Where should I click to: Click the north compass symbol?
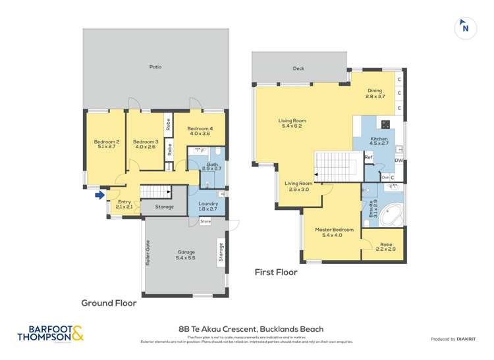point(465,28)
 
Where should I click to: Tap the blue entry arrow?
point(99,195)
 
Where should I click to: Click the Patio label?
point(155,67)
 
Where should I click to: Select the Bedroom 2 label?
point(106,144)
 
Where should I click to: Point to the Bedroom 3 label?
point(146,144)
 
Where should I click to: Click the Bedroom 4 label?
point(200,131)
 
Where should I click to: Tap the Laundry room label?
point(207,206)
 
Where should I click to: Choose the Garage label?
point(186,255)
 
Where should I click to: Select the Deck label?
point(299,68)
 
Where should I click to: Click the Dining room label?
point(374,93)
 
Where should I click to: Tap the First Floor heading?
point(276,272)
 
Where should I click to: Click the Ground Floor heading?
point(109,303)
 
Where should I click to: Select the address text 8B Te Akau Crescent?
point(251,329)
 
